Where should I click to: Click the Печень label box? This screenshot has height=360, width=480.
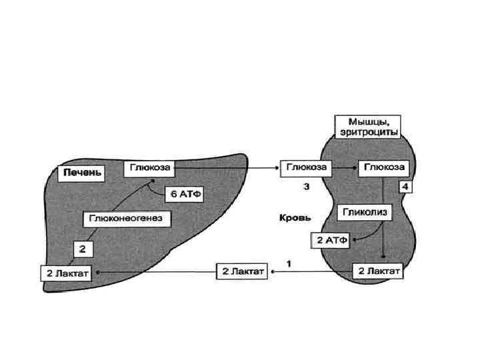point(83,173)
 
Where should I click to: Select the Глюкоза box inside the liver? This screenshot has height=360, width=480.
point(145,169)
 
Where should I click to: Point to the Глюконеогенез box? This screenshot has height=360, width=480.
point(126,218)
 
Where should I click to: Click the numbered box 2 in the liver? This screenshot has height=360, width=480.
point(83,249)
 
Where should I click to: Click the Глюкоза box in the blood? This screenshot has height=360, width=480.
point(307,168)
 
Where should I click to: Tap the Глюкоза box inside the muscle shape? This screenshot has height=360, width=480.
point(382,168)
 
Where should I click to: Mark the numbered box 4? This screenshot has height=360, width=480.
point(406,187)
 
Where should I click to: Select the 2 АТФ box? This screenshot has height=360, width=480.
point(331,239)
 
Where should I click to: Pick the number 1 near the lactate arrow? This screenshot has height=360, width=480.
point(289,263)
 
